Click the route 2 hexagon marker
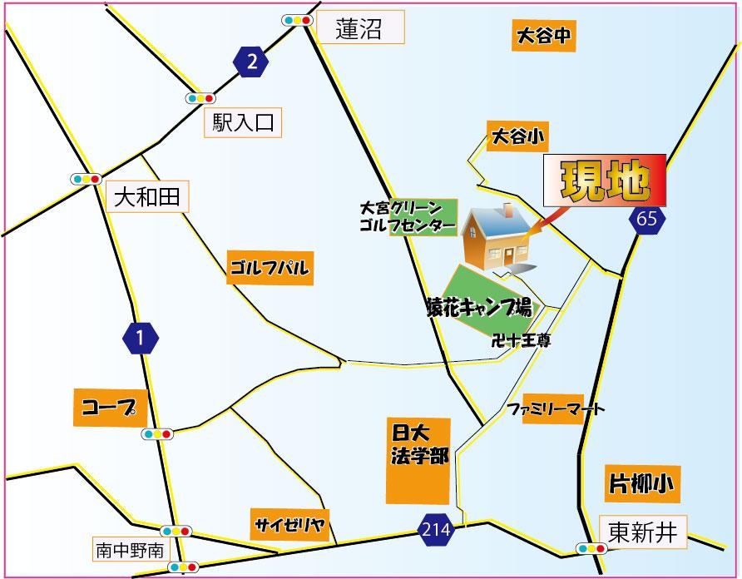(x=253, y=62)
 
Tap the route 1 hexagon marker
(x=141, y=338)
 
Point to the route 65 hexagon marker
(x=648, y=220)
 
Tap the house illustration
(x=497, y=238)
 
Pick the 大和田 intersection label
(x=146, y=198)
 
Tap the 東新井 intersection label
(x=643, y=530)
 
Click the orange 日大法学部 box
(x=418, y=459)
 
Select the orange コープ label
(x=110, y=407)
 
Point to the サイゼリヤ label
(x=289, y=525)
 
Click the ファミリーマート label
(x=556, y=409)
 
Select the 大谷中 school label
(x=542, y=37)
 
